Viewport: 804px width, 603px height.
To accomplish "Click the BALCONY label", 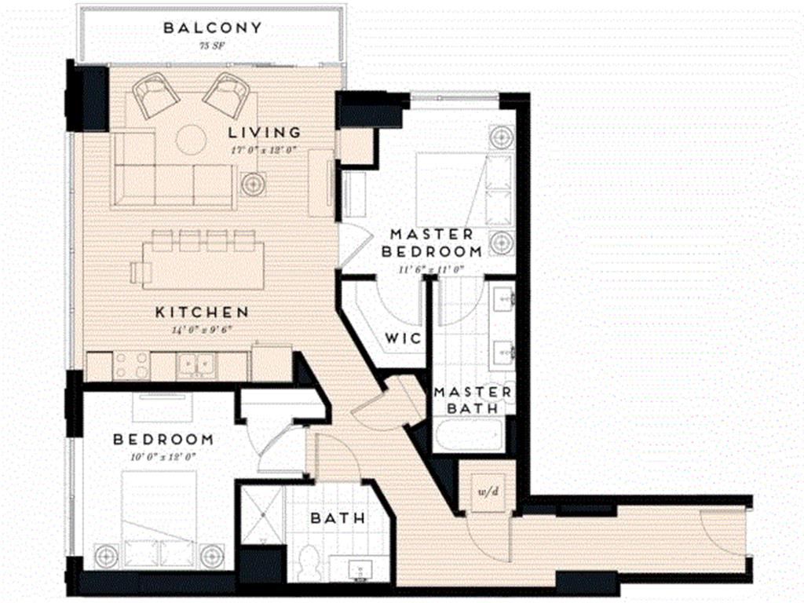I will coord(212,28).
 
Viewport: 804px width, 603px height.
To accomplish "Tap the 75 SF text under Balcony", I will coord(212,47).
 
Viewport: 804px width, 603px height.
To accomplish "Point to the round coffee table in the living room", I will coord(191,140).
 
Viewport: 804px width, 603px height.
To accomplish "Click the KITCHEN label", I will coord(202,312).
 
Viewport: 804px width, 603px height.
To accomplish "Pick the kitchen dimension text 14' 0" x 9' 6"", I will coord(202,330).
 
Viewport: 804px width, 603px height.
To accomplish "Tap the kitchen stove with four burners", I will coord(131,365).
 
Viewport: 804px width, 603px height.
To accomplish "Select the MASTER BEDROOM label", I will coord(432,243).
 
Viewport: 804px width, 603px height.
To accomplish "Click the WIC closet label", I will coord(404,338).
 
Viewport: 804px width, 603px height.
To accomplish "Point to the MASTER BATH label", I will coord(473,400).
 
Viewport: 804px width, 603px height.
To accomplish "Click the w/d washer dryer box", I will coord(486,491).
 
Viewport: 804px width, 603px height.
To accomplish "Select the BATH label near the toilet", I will coord(338,518).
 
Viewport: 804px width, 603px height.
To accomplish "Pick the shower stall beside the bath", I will coord(262,515).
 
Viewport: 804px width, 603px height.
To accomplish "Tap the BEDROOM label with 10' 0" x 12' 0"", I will coord(163,439).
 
